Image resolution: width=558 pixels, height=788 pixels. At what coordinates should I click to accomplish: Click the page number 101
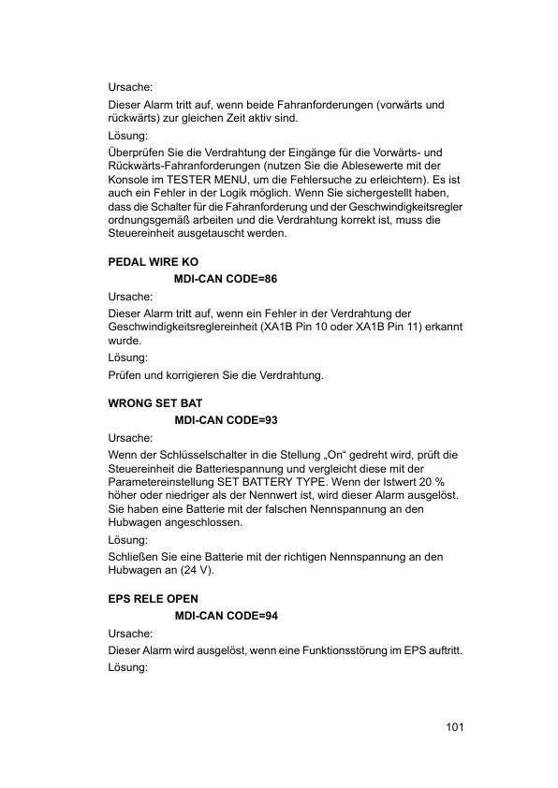pyautogui.click(x=456, y=727)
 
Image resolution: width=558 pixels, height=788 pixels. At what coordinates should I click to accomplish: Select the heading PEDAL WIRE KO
pyautogui.click(x=154, y=262)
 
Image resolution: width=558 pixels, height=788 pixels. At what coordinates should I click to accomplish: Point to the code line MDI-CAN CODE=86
pyautogui.click(x=226, y=279)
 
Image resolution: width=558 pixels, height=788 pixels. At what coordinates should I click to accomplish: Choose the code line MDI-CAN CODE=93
pyautogui.click(x=226, y=421)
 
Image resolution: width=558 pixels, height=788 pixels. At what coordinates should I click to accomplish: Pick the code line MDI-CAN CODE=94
pyautogui.click(x=226, y=615)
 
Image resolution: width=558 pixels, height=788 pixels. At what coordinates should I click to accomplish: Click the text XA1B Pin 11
pyautogui.click(x=389, y=327)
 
